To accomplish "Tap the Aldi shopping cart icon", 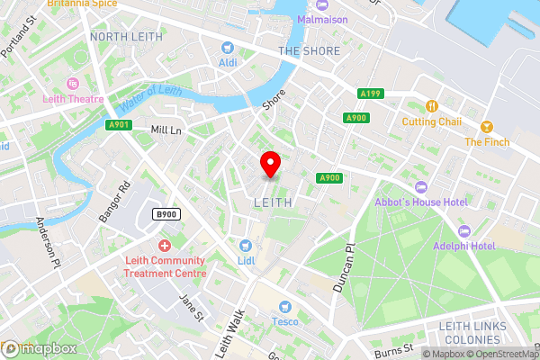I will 228,47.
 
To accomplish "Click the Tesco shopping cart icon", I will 284,307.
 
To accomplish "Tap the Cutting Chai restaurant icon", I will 432,106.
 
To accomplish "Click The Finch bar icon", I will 487,126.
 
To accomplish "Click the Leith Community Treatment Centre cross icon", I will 164,246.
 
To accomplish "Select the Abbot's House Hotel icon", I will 419,186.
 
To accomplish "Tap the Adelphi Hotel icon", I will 464,230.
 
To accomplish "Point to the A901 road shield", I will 118,125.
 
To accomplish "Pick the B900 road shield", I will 165,214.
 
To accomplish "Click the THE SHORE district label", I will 310,51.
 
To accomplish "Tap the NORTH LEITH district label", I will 127,37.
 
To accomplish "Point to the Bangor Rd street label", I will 115,202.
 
